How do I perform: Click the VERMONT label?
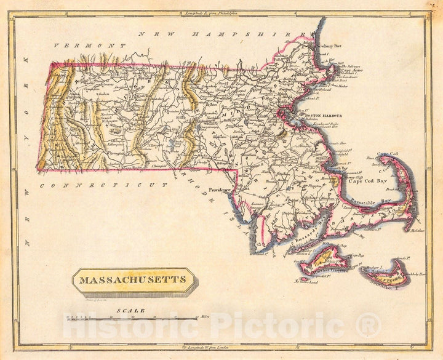(90, 46)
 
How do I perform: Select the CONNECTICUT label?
(104, 185)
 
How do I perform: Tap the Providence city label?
(219, 190)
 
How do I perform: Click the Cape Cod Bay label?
(367, 182)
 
